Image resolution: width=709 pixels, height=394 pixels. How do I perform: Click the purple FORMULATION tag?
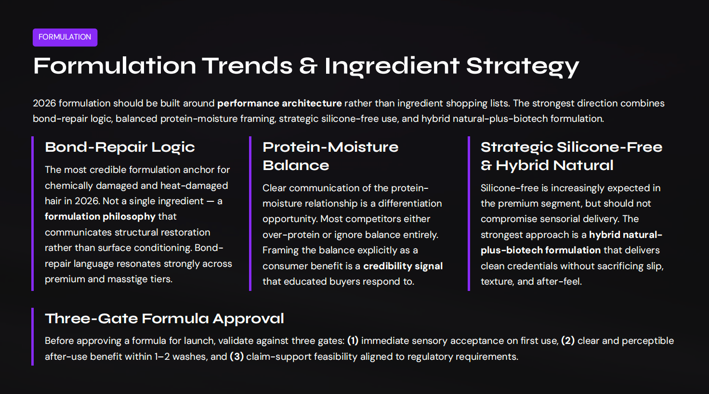click(x=65, y=37)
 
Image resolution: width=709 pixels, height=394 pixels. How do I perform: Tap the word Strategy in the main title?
click(x=522, y=66)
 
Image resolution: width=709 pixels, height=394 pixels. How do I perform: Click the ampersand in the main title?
click(x=308, y=66)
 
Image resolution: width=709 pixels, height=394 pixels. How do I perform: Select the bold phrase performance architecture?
click(x=279, y=103)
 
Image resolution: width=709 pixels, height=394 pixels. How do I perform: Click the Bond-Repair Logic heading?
click(x=120, y=147)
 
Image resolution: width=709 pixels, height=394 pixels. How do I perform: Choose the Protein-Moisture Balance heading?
click(x=330, y=156)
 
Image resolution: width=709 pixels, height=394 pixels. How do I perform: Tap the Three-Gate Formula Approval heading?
click(x=164, y=318)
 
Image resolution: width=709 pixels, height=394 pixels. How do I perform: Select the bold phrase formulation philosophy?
click(x=100, y=217)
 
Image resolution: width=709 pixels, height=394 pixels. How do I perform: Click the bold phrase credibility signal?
click(x=403, y=266)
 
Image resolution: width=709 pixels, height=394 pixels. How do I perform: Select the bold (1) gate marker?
click(x=353, y=341)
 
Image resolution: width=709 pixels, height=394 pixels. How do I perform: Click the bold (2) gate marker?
click(x=568, y=341)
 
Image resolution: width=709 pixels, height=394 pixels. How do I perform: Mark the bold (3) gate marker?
click(x=236, y=356)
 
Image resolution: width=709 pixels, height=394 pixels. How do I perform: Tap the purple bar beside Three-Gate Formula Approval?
click(x=33, y=337)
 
